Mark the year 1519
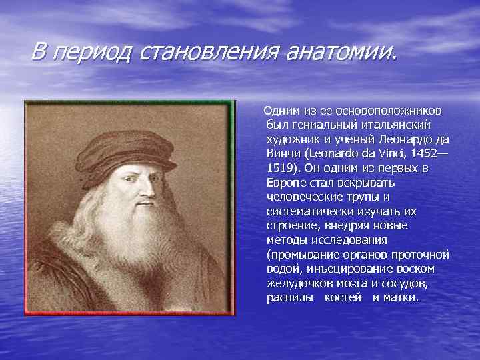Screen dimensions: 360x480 [x=280, y=169]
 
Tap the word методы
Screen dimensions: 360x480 [x=287, y=240]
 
